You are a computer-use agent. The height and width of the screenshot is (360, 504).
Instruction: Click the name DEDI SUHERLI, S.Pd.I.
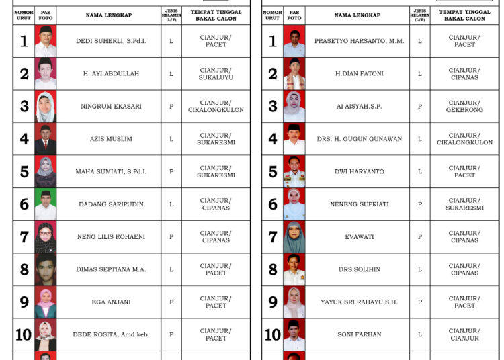108,42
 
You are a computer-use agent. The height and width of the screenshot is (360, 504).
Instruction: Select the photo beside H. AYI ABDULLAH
45,74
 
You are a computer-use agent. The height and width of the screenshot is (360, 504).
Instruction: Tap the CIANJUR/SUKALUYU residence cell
216,74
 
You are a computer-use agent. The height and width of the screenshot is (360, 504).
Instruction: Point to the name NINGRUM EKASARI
108,107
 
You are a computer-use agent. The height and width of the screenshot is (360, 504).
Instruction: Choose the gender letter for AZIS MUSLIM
171,139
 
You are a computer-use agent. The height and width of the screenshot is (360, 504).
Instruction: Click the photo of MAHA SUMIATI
45,172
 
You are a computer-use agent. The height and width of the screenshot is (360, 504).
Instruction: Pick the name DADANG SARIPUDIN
108,204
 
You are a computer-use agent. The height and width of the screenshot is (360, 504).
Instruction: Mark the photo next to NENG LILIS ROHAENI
45,237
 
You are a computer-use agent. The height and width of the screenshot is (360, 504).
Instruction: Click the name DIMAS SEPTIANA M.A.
108,269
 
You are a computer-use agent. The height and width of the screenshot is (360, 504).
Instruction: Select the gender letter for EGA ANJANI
171,302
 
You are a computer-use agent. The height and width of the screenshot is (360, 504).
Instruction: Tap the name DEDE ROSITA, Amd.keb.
108,334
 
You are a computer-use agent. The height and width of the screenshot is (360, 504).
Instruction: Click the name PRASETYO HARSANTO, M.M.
359,42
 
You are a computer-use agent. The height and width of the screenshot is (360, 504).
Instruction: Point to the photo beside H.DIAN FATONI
294,74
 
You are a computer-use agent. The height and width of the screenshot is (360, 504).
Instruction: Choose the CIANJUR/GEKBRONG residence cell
464,107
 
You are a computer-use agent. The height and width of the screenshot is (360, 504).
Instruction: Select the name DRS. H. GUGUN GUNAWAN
359,139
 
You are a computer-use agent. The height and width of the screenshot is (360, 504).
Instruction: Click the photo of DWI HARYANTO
294,172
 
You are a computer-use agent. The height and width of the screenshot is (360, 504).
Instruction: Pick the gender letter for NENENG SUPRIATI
420,204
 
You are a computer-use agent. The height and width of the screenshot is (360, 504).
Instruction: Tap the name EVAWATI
359,237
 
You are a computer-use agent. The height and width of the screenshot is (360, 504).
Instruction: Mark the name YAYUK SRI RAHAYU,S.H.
359,302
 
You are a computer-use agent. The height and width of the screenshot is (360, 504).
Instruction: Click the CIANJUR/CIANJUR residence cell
464,334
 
